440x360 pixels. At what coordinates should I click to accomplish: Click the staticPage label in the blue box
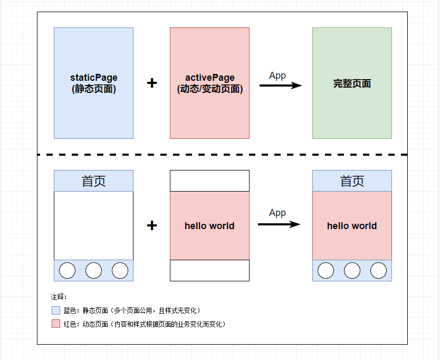point(94,83)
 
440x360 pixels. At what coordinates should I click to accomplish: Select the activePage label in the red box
point(209,83)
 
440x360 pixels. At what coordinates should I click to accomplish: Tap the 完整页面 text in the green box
point(352,83)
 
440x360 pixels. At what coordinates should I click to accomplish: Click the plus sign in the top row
point(152,83)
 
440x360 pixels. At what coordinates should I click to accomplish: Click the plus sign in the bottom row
point(152,225)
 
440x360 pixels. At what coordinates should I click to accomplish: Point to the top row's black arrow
point(281,86)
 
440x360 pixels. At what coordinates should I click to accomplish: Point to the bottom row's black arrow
point(279,224)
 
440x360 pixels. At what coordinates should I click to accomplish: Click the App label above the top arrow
point(278,76)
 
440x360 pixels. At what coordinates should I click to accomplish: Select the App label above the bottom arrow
point(278,213)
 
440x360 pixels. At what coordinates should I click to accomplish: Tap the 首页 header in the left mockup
point(94,181)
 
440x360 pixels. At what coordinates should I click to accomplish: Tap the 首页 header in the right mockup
point(352,181)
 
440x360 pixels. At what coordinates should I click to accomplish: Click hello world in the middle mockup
point(209,226)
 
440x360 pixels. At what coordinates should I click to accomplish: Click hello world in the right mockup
point(352,226)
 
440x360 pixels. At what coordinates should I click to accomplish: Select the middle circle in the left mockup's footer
point(94,270)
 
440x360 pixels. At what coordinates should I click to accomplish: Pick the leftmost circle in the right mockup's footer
point(326,270)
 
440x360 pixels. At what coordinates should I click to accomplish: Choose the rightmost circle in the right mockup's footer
point(379,270)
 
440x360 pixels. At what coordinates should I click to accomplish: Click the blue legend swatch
point(56,310)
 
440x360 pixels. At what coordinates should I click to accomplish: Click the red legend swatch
point(56,324)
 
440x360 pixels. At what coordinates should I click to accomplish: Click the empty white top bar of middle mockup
point(209,181)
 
